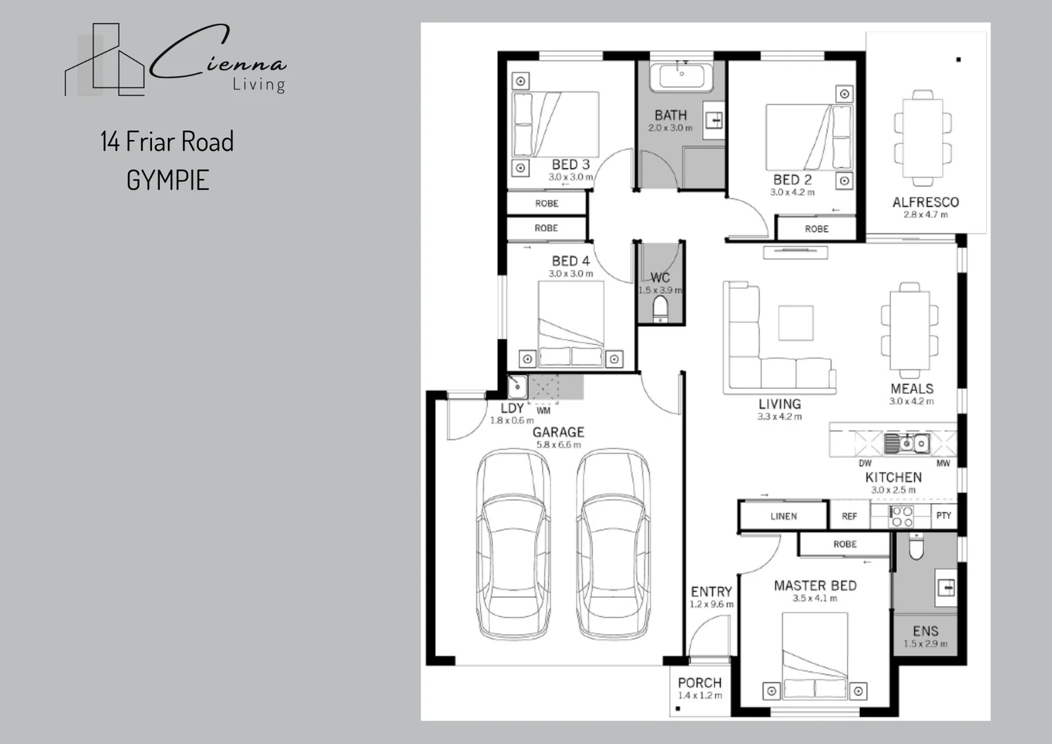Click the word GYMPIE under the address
[167, 180]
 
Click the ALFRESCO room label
[925, 202]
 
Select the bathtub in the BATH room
[682, 76]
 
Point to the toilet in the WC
[660, 309]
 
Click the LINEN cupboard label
[783, 516]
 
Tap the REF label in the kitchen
[850, 516]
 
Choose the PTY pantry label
[943, 515]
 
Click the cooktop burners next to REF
[901, 516]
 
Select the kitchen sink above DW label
[907, 443]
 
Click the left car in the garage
[514, 544]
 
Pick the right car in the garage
[613, 544]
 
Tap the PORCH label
[699, 683]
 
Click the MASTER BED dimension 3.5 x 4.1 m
[814, 599]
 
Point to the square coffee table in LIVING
[795, 322]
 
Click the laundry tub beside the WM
[517, 386]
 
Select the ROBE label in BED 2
[817, 229]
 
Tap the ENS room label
[925, 631]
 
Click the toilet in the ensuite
[916, 548]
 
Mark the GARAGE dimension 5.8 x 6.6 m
[558, 445]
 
